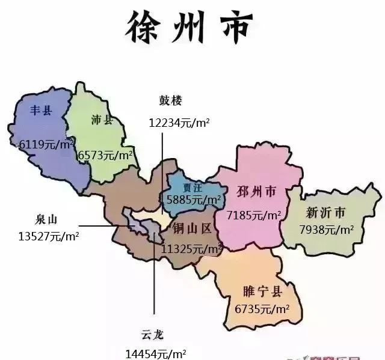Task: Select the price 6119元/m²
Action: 46,144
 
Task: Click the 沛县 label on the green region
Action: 102,120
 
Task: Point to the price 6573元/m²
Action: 105,155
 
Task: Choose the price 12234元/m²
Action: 179,123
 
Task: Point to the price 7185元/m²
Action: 254,215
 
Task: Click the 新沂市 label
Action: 325,213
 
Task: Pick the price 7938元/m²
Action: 327,230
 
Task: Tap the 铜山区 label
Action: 192,228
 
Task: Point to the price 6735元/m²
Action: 262,310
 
